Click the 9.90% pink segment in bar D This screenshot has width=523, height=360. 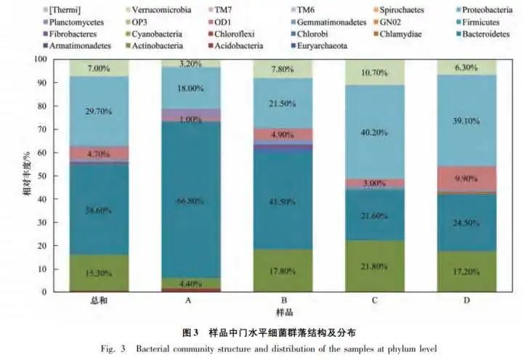465,179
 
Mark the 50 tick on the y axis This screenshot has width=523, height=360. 60,176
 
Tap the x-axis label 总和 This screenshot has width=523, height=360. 100,301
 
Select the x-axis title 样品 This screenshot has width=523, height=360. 284,312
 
